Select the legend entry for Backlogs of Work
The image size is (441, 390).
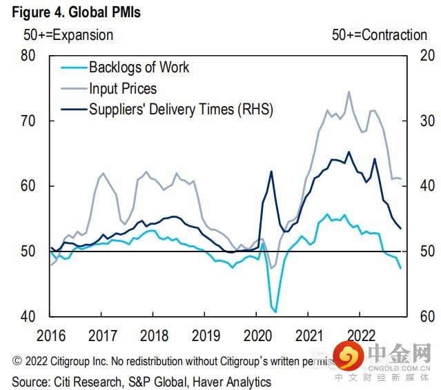(139, 68)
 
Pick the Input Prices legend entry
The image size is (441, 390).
(123, 88)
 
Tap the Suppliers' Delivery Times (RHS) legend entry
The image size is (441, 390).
(181, 109)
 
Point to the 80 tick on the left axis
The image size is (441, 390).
(28, 55)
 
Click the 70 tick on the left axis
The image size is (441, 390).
(28, 121)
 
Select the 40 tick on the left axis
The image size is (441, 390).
(28, 316)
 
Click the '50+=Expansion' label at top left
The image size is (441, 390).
(68, 34)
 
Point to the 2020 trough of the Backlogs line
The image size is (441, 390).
(276, 311)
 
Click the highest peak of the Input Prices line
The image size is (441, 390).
(349, 92)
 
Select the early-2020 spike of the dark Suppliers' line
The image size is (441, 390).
(271, 172)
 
